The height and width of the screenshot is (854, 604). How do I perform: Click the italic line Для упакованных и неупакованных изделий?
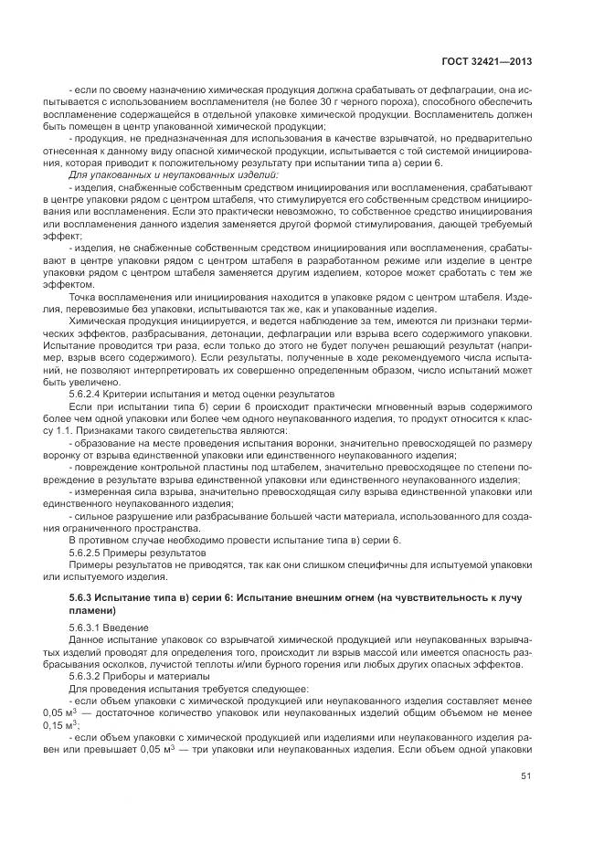point(161,173)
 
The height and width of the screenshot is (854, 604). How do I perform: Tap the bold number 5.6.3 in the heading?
point(83,596)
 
